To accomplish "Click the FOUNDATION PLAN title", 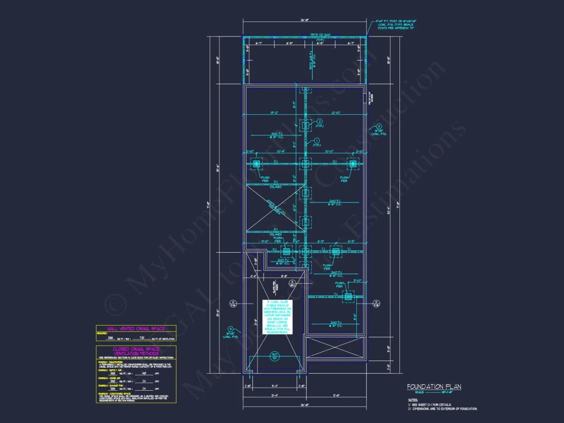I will (x=434, y=387).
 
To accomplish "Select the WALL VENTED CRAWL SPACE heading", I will (x=136, y=328).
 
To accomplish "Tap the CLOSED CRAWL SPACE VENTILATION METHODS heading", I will (x=136, y=351).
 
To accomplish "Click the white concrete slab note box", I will (x=276, y=317).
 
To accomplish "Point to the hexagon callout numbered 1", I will (x=316, y=140).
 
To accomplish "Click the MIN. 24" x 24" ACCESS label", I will (x=370, y=97).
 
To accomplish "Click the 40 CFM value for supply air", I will (x=144, y=373).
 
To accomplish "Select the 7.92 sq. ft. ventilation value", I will (x=142, y=338).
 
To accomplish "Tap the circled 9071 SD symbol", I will (x=275, y=356).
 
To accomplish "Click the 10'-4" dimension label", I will (x=279, y=152).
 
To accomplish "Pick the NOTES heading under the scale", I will (x=413, y=399).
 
